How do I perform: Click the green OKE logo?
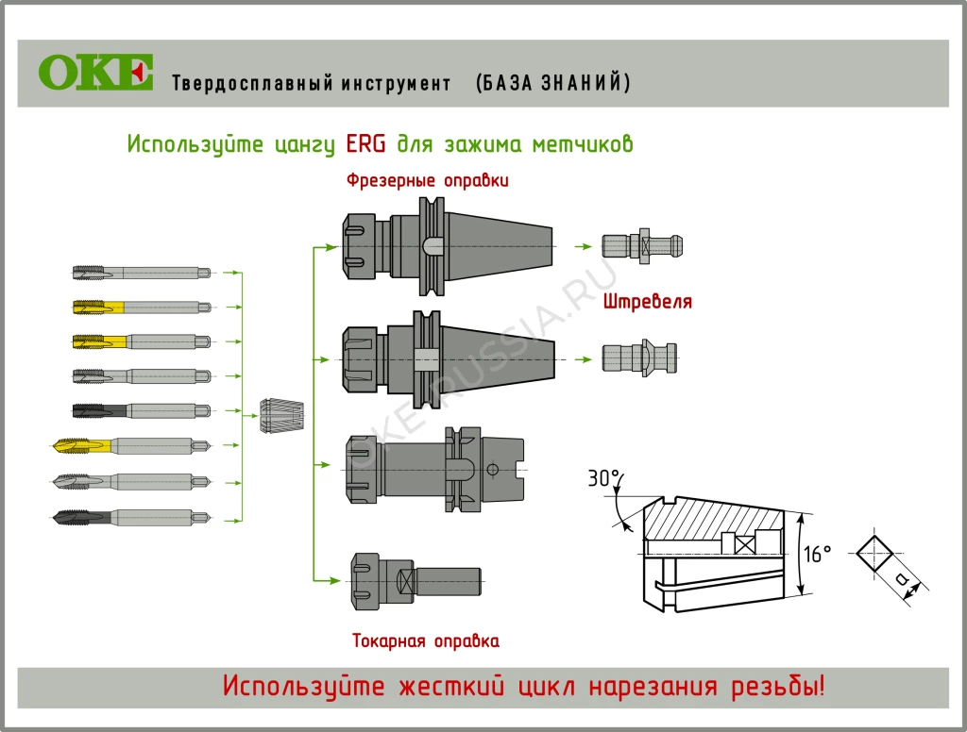click(95, 73)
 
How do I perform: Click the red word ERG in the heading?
click(365, 144)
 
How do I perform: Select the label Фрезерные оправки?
click(427, 180)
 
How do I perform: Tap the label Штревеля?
click(647, 302)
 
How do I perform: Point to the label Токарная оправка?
click(425, 641)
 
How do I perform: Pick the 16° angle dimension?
click(817, 554)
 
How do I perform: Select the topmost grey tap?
click(142, 273)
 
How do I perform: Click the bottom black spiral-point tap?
click(132, 516)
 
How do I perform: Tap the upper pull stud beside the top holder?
click(642, 245)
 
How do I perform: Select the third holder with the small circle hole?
click(434, 469)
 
